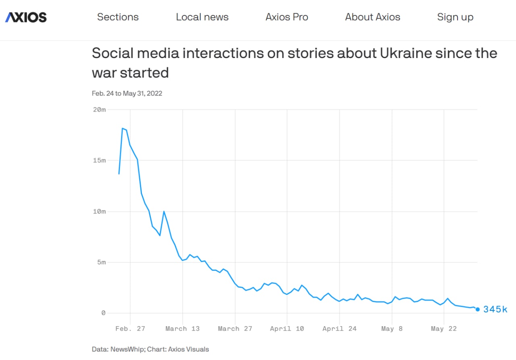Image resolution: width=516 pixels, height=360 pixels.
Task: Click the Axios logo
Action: (x=26, y=17)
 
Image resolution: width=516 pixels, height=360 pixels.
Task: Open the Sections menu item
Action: (x=118, y=17)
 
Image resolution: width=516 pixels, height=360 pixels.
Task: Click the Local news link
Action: (x=202, y=17)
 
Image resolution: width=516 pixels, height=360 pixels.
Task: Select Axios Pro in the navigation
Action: (x=287, y=17)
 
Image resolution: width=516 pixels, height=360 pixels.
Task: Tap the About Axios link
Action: (x=372, y=17)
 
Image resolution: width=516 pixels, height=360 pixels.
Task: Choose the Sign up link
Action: (x=455, y=17)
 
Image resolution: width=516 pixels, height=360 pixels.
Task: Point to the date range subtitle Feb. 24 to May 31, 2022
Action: (x=127, y=94)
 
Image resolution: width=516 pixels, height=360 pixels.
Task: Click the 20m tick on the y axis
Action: (x=99, y=110)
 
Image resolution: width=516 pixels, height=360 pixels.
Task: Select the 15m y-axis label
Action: (x=99, y=160)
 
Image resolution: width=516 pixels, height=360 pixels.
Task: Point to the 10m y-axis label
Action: (x=99, y=211)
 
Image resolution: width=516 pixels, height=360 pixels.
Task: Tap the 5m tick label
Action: (x=100, y=262)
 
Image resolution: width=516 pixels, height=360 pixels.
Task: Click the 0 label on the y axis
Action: (x=103, y=313)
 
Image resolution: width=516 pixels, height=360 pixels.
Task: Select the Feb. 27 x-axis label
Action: (x=130, y=329)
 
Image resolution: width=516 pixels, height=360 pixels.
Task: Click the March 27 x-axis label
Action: (x=235, y=329)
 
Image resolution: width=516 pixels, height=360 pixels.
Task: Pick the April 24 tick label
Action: (x=339, y=329)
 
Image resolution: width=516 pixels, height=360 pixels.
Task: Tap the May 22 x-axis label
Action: (x=443, y=329)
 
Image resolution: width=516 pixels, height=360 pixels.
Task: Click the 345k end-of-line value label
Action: (x=495, y=309)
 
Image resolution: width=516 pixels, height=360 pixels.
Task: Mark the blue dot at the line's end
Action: (x=478, y=309)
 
